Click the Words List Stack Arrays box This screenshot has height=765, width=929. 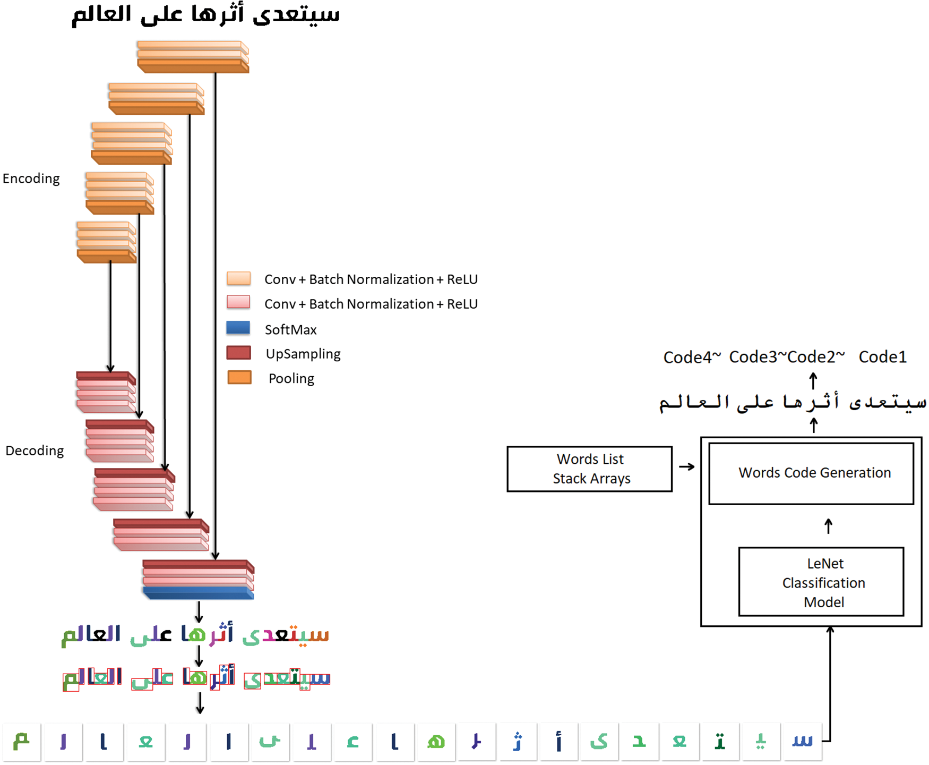coord(589,469)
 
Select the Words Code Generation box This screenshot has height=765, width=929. coord(811,473)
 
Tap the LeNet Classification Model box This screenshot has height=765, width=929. coord(821,582)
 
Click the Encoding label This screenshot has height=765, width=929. coord(31,178)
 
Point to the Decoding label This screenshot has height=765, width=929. coord(35,450)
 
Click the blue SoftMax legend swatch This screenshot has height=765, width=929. coord(238,328)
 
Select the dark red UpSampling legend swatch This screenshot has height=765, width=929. coord(238,353)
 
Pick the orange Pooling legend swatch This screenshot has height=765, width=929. coord(239,378)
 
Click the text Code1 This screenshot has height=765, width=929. coord(882,357)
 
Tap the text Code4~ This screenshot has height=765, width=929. coord(692,358)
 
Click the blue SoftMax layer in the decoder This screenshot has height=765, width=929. coord(198,593)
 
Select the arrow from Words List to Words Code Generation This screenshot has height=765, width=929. coord(687,467)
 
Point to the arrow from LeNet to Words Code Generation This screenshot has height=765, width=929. coord(828,526)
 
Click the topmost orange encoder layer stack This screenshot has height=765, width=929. coord(192,56)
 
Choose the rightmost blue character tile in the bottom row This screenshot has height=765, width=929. coord(802,741)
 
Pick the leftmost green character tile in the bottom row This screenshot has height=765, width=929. coord(22,741)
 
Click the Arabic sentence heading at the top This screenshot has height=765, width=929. coord(205,15)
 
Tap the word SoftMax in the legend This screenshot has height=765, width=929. coord(290,330)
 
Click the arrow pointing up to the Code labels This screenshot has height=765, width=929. coord(813,381)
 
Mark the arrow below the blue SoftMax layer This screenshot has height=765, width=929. coord(199,612)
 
